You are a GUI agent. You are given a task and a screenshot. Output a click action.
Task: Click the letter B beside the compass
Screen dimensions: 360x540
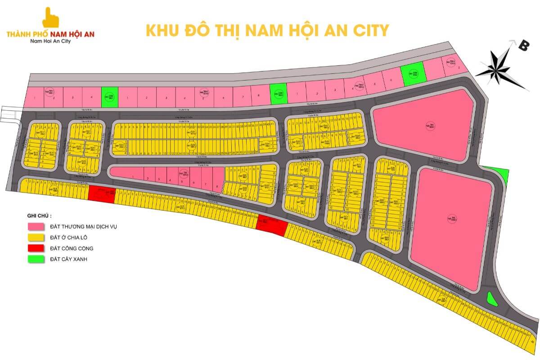click(523, 45)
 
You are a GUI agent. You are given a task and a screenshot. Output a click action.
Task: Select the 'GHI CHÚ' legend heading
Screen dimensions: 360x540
click(39, 216)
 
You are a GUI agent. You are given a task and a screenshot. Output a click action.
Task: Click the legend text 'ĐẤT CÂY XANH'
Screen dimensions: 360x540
click(67, 259)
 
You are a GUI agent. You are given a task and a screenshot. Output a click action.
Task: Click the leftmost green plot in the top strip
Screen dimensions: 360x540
click(108, 97)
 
